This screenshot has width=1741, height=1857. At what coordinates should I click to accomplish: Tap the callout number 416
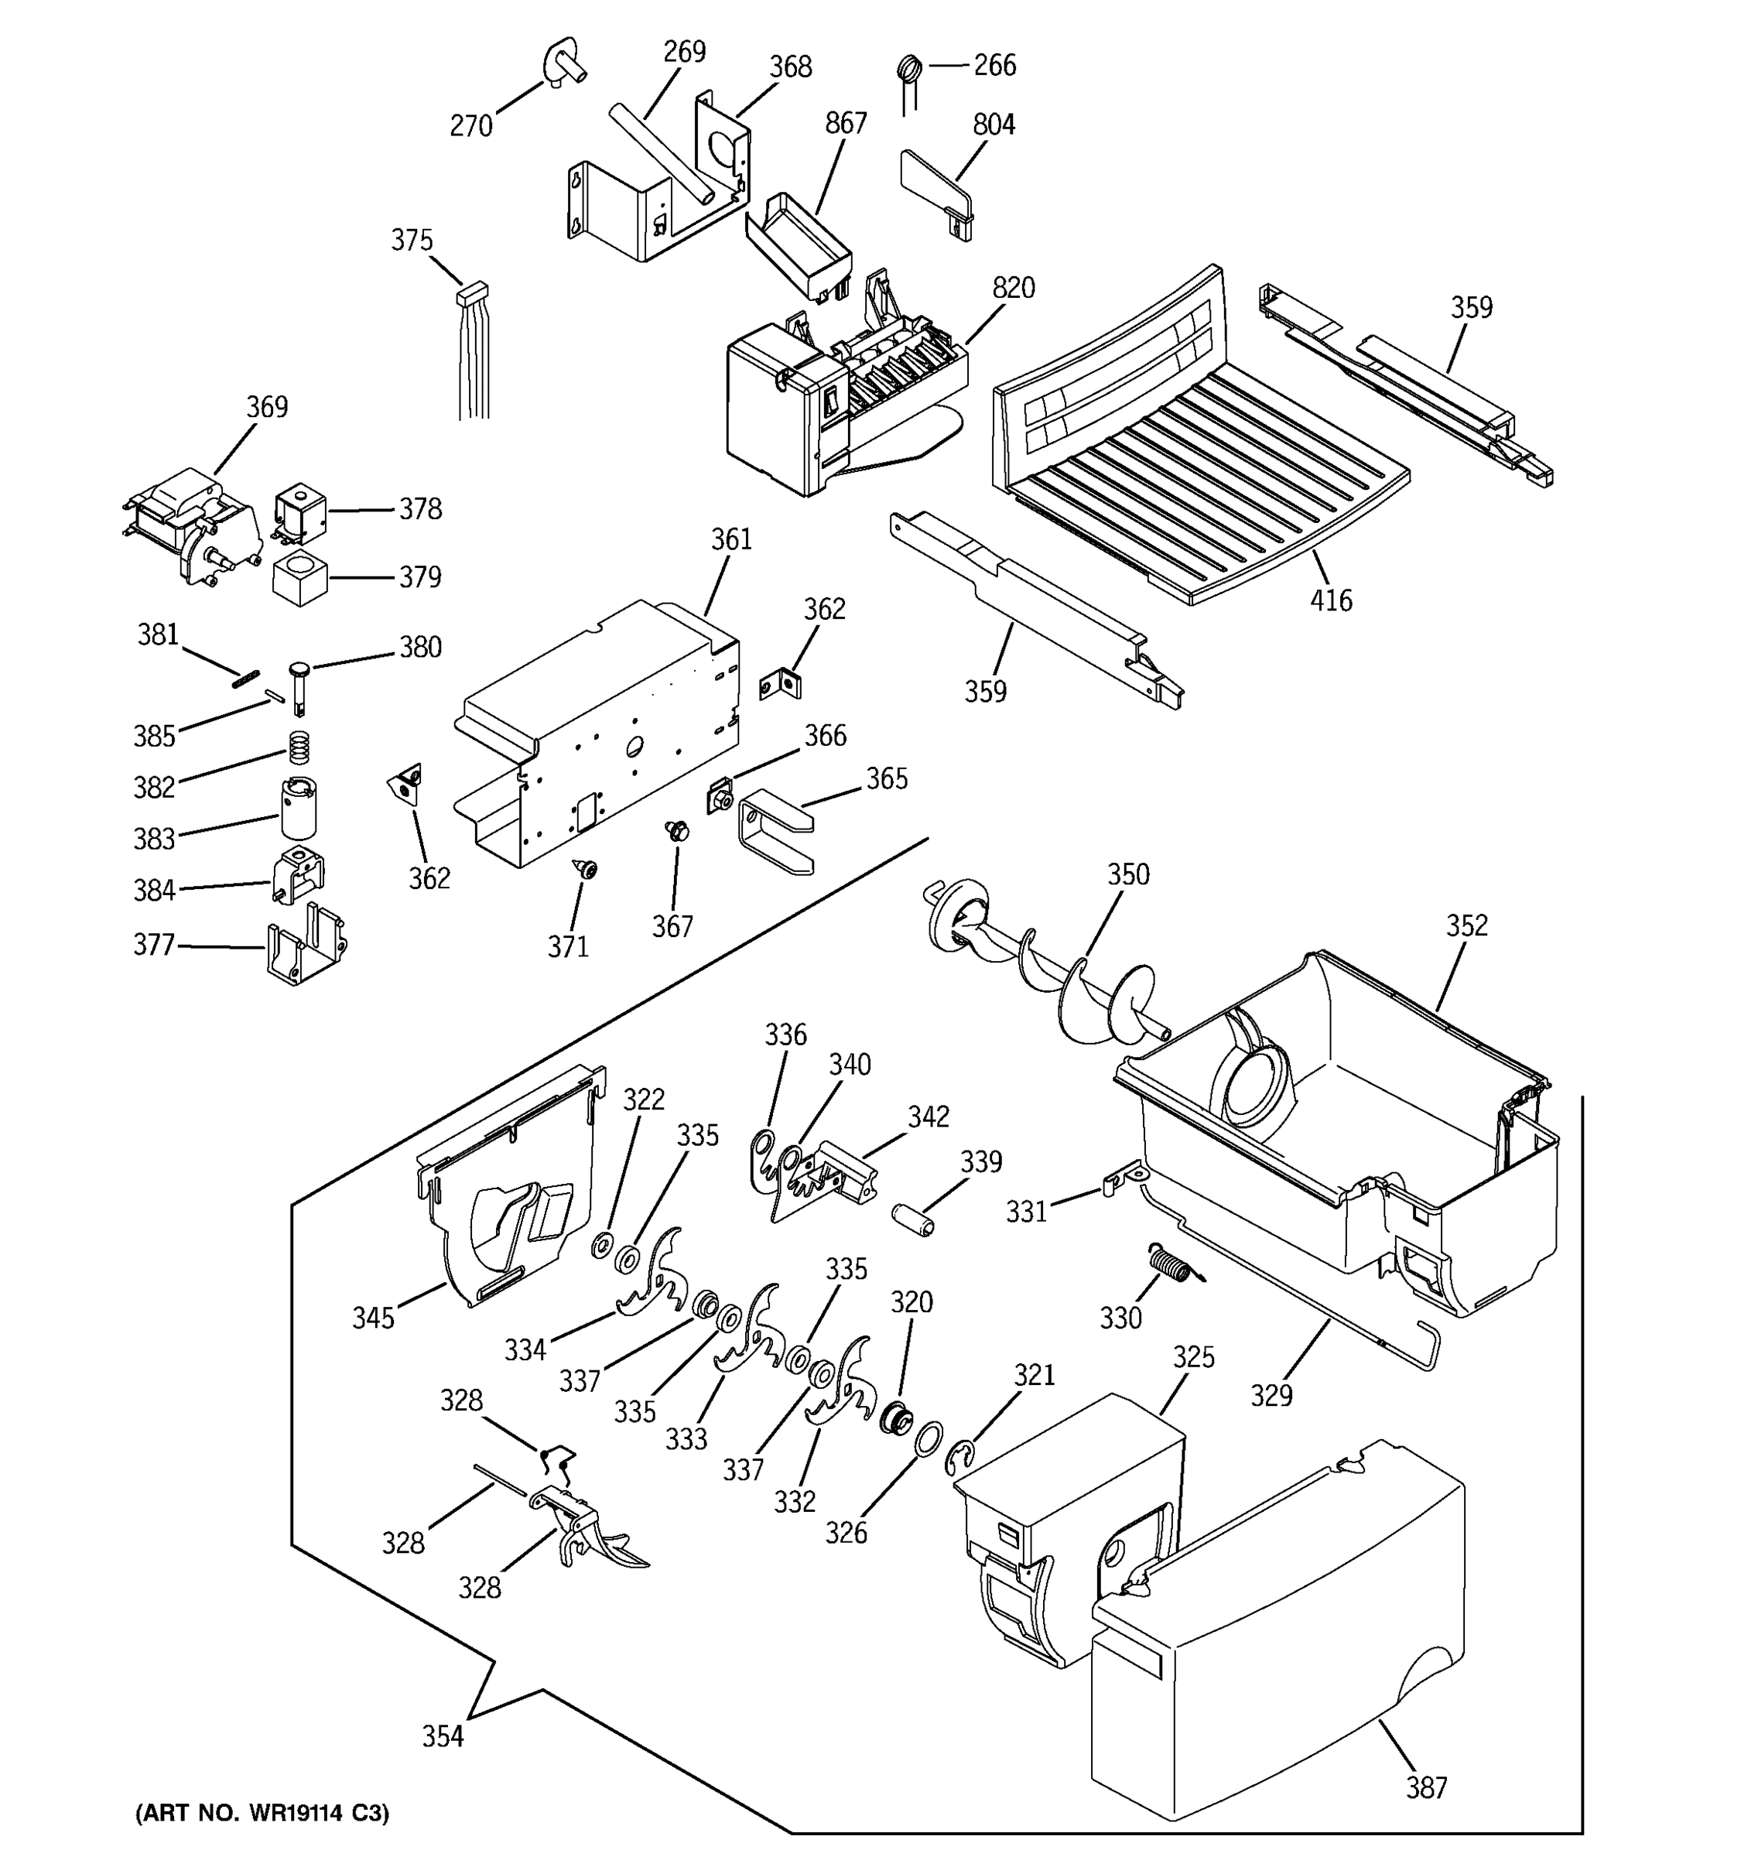point(1330,600)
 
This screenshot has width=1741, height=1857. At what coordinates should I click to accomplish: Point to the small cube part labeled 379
point(299,578)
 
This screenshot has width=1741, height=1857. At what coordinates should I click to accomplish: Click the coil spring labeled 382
point(298,747)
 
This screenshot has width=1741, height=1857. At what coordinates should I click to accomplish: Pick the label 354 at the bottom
point(442,1736)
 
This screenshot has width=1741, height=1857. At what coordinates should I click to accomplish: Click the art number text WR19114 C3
point(262,1813)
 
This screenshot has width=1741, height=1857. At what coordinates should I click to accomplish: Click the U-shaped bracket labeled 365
point(775,829)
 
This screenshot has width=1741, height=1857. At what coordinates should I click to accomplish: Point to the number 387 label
point(1425,1788)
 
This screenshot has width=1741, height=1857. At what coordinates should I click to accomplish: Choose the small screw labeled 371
point(587,870)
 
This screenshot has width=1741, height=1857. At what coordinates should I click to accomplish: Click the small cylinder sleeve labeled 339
point(912,1221)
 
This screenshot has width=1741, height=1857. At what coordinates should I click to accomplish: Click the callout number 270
point(470,125)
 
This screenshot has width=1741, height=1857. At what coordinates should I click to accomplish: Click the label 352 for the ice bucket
point(1466,925)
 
